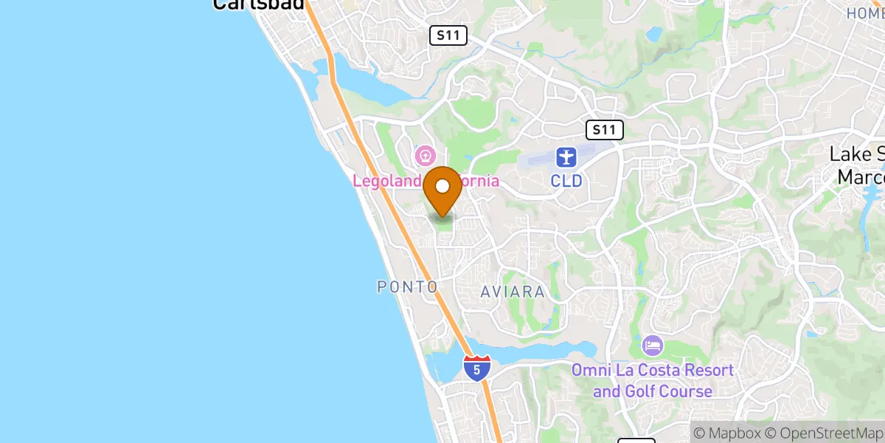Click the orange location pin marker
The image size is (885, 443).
click(442, 190)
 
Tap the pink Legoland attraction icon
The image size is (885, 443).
click(425, 156)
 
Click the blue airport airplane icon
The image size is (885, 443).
click(566, 157)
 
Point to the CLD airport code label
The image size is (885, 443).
click(566, 180)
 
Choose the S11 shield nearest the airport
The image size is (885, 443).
click(605, 131)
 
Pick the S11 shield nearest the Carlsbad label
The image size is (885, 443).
click(448, 35)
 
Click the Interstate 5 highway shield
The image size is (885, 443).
click(477, 368)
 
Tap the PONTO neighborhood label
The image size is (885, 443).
click(407, 286)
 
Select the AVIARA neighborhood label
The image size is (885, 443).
click(513, 292)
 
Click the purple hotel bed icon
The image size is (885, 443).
click(653, 345)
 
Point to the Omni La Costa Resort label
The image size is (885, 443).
click(653, 380)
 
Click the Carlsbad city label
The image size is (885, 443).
click(258, 4)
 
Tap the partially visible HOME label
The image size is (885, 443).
click(864, 13)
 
